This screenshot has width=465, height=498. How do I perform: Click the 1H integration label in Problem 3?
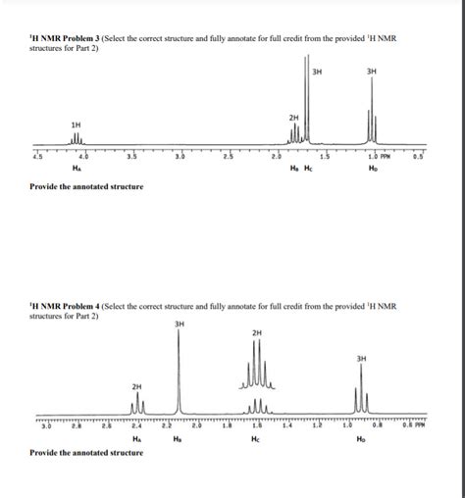click(76, 124)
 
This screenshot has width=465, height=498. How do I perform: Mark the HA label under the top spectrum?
click(81, 169)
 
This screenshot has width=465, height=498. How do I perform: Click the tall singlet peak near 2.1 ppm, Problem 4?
click(179, 373)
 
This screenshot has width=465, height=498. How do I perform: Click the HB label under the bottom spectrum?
click(178, 440)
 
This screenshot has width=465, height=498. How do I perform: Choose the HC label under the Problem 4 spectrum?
click(256, 440)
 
